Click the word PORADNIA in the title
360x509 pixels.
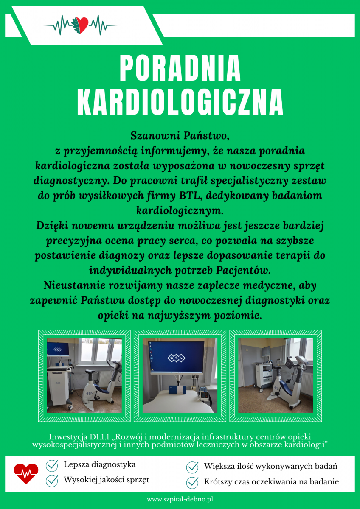(x=180, y=68)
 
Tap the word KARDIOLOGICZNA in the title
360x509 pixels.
(x=180, y=102)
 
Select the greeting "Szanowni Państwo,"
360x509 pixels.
(x=180, y=136)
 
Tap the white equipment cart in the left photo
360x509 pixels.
(x=59, y=384)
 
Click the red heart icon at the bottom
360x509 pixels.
(x=26, y=473)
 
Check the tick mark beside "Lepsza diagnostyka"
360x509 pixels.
(x=52, y=465)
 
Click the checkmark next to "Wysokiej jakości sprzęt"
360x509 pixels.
(x=52, y=481)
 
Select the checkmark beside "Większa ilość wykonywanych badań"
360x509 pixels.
(x=192, y=467)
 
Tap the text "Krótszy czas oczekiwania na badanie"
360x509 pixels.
(x=271, y=482)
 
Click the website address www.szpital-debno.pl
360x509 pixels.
(x=180, y=500)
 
